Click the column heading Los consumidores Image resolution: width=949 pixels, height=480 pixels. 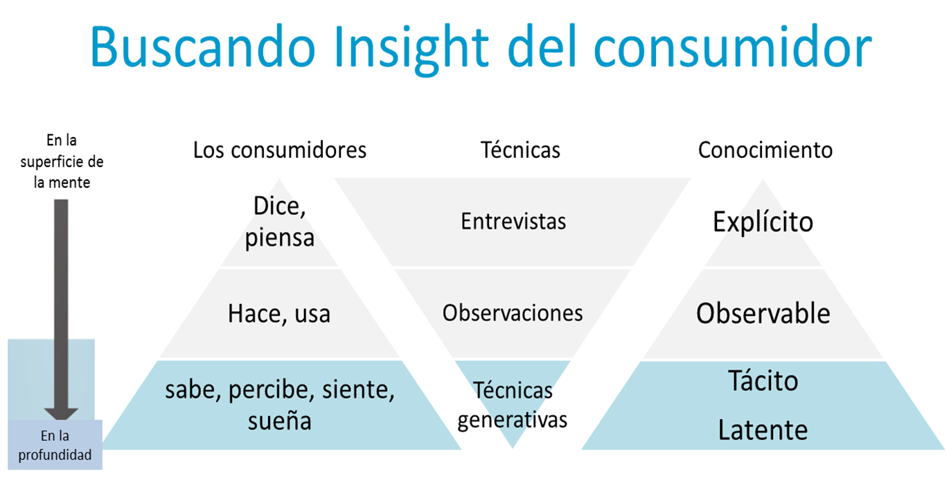click(279, 150)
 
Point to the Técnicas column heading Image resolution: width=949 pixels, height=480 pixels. click(520, 150)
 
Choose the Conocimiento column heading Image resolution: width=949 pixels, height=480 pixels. click(765, 150)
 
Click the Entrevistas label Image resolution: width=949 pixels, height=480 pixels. click(513, 222)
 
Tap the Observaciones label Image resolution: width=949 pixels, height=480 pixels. click(513, 313)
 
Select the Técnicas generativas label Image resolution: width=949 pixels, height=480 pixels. click(513, 405)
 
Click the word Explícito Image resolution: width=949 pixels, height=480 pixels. click(763, 222)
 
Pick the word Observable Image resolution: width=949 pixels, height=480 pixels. click(763, 314)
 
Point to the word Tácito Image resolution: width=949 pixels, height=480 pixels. click(763, 380)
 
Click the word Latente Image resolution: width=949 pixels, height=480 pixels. click(763, 430)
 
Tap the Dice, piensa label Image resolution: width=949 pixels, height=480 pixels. click(279, 222)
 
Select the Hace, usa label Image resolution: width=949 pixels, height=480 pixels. click(279, 314)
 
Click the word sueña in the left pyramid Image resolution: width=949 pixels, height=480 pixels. click(279, 420)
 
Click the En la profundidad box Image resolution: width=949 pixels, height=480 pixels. click(55, 445)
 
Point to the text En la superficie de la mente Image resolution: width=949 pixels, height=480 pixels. click(62, 161)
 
